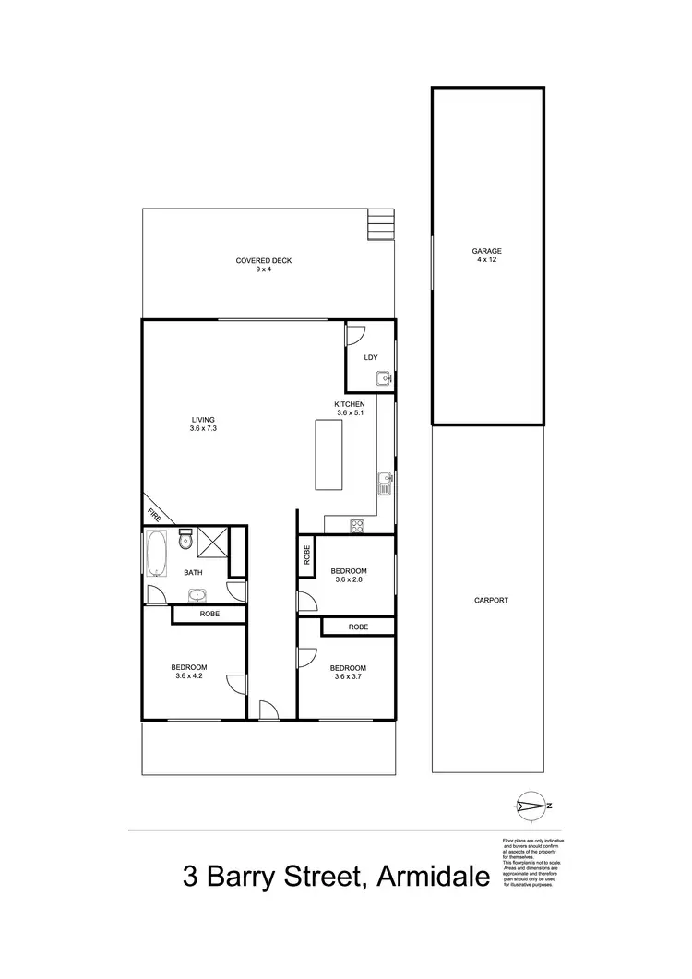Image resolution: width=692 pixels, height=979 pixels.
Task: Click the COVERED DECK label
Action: (x=263, y=261)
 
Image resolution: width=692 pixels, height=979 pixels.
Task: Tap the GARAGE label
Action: (x=487, y=250)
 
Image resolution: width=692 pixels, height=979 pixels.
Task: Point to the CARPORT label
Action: (x=491, y=600)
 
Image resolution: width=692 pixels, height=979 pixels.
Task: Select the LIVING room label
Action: (x=202, y=420)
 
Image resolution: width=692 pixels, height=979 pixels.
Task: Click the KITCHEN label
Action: (x=350, y=405)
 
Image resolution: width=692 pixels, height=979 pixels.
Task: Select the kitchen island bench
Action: (x=328, y=455)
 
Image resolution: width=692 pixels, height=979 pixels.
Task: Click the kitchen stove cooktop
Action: (x=356, y=526)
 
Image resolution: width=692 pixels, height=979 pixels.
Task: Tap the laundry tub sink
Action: (x=383, y=377)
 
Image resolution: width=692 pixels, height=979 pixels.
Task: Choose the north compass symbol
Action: (x=530, y=806)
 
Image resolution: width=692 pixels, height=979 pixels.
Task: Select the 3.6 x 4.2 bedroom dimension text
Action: (x=188, y=676)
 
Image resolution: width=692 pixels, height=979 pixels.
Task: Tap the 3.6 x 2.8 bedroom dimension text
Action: (x=349, y=580)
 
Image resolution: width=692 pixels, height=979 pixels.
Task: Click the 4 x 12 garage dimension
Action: (x=487, y=259)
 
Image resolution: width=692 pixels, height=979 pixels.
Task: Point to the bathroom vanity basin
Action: (x=197, y=594)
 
